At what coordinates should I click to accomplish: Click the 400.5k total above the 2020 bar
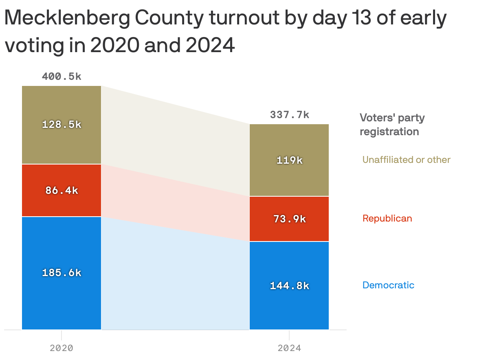click(62, 76)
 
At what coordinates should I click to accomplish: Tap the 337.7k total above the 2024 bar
click(289, 115)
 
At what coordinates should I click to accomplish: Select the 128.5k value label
click(62, 125)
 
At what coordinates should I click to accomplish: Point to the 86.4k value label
click(62, 190)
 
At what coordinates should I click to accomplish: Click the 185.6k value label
click(62, 273)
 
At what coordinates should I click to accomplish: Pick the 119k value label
click(289, 160)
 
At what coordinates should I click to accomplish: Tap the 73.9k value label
click(289, 219)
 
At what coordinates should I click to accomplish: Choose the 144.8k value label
click(289, 286)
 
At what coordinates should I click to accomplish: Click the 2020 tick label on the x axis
click(62, 348)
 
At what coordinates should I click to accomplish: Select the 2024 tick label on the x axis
click(289, 348)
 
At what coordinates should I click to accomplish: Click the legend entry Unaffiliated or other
click(406, 160)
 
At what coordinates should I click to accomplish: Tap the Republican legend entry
click(387, 218)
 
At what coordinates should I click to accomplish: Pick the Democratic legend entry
click(388, 285)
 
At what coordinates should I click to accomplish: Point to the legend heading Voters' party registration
click(391, 125)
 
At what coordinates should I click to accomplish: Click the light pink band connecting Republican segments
click(175, 200)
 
